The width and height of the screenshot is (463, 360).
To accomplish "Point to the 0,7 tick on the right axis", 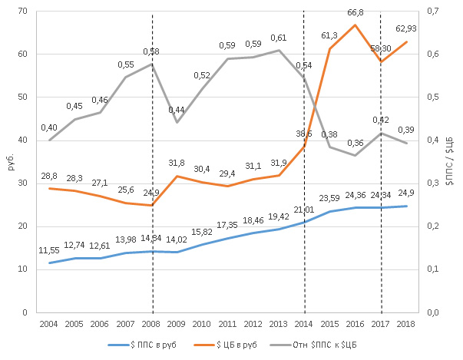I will tap(432, 12).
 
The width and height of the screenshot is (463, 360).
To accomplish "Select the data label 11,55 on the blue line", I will tap(49, 250).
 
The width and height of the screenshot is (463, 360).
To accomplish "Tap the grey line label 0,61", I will tap(278, 38).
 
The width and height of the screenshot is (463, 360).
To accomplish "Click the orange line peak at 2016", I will tap(355, 25).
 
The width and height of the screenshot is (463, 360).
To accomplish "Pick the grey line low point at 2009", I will tap(177, 122).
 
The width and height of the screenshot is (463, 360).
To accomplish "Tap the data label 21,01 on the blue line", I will tap(305, 209).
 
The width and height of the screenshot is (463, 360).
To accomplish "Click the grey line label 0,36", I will tap(355, 143).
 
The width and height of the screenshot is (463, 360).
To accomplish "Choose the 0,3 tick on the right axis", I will tap(432, 183).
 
